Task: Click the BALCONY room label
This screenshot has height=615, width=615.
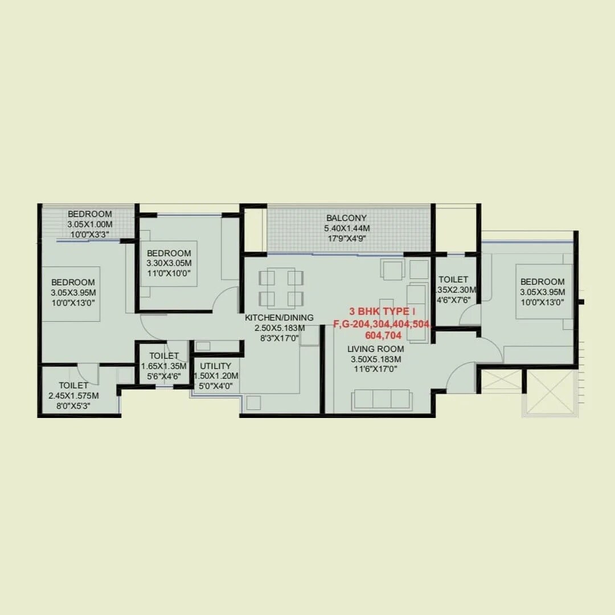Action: coord(346,218)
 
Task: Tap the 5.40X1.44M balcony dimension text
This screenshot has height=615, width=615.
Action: coord(346,228)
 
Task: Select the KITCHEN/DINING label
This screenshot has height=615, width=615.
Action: coord(279,318)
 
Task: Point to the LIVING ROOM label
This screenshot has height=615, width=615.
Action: coord(376,349)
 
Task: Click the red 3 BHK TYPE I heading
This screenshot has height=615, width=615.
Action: coord(382,312)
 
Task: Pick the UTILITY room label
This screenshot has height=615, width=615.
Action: coord(216,366)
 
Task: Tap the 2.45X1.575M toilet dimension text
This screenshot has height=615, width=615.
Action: coord(73,396)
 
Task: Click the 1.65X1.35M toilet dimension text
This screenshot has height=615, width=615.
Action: coord(165,366)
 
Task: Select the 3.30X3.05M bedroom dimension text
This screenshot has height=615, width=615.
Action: coord(169,263)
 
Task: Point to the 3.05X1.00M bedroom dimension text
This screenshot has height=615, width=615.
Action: coord(90,224)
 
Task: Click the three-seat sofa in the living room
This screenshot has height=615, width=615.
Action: coord(381,399)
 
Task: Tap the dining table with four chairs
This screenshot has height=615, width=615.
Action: coord(281,288)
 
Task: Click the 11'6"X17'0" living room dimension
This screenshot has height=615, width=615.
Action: coord(376,369)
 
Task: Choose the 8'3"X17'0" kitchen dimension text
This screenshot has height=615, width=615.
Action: coord(279,338)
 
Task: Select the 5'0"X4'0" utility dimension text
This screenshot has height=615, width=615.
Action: coord(216,386)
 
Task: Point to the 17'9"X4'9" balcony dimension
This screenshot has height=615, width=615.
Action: coord(346,239)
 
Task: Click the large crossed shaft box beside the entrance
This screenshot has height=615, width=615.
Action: coord(550,392)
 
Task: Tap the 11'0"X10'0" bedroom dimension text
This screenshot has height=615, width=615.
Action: coord(169,273)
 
